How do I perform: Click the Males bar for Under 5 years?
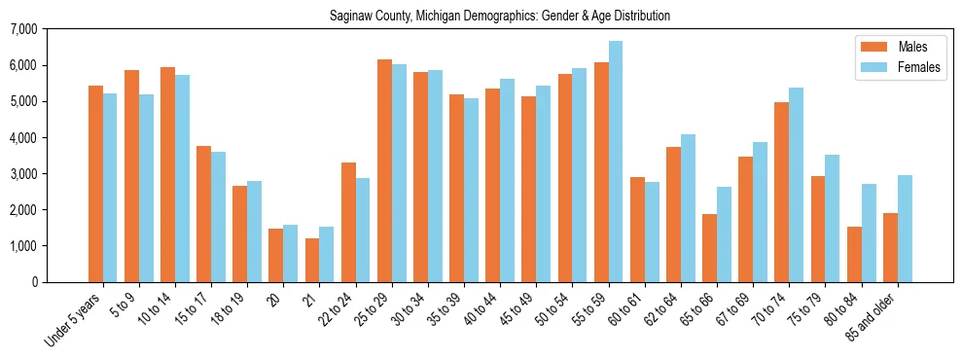(95, 184)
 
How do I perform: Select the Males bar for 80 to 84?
(854, 254)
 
